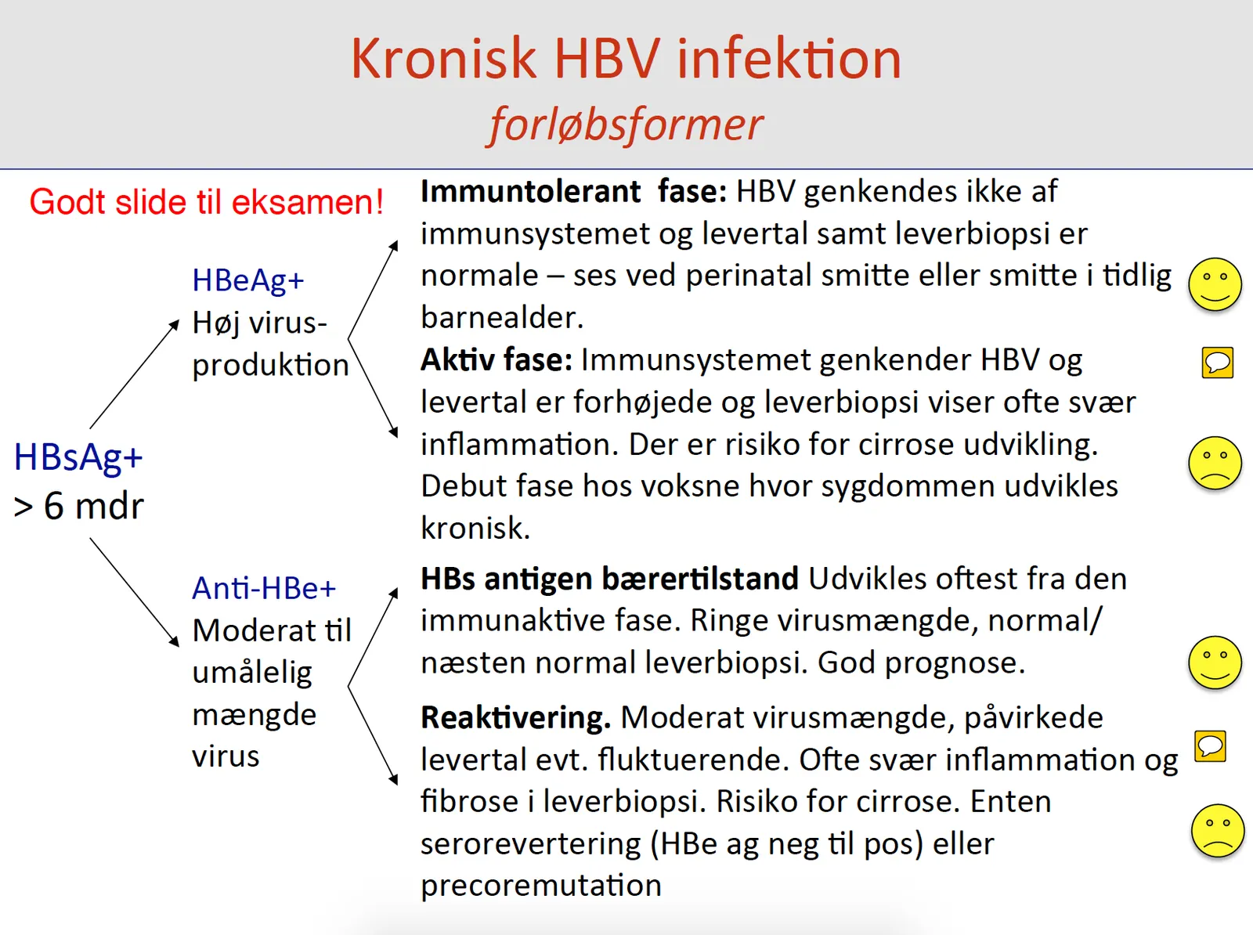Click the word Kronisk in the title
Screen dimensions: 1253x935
pos(443,58)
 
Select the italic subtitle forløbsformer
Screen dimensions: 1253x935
pos(626,125)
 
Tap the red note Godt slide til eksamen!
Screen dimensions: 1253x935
pos(206,202)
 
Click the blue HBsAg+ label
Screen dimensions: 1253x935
pos(78,457)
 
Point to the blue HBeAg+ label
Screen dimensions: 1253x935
pos(248,281)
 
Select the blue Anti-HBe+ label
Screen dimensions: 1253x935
pos(264,588)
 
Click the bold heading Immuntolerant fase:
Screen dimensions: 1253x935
pos(573,191)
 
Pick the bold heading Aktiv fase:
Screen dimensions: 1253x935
pos(496,360)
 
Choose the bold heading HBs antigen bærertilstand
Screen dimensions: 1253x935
pos(609,579)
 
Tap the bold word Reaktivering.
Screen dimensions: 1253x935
pos(515,718)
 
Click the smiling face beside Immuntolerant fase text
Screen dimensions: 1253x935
pos(1214,284)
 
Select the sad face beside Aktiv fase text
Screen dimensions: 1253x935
pos(1214,463)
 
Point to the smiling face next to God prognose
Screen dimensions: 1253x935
pos(1214,662)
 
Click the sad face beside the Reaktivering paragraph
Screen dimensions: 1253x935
pos(1217,831)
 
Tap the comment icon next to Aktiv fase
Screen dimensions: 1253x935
pos(1217,363)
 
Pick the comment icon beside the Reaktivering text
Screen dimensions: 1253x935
pos(1210,746)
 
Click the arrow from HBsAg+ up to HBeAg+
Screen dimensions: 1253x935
pos(135,374)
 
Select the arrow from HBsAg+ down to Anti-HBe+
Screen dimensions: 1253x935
pos(135,593)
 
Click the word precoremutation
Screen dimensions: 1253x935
pos(541,886)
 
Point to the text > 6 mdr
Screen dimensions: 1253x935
pos(79,507)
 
